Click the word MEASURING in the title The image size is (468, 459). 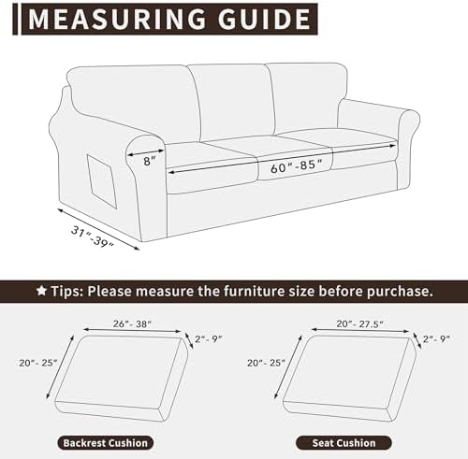[117, 19]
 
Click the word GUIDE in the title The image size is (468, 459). [264, 19]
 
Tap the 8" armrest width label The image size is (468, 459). [149, 161]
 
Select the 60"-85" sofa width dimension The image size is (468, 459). [296, 165]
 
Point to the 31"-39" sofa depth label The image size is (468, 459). [93, 237]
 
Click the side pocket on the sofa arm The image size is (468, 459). [102, 181]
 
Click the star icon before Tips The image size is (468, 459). [41, 291]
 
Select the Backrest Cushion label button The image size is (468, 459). [106, 443]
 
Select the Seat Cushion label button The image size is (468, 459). [344, 443]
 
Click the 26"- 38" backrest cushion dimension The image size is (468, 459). [132, 324]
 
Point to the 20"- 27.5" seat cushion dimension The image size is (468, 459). [359, 324]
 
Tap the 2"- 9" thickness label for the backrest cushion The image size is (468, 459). [208, 338]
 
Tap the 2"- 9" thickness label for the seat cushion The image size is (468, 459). [436, 338]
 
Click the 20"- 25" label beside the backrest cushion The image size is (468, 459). [38, 363]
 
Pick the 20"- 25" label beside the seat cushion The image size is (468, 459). [266, 363]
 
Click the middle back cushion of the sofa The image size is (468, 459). [232, 101]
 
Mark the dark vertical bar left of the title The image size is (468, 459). [15, 20]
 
